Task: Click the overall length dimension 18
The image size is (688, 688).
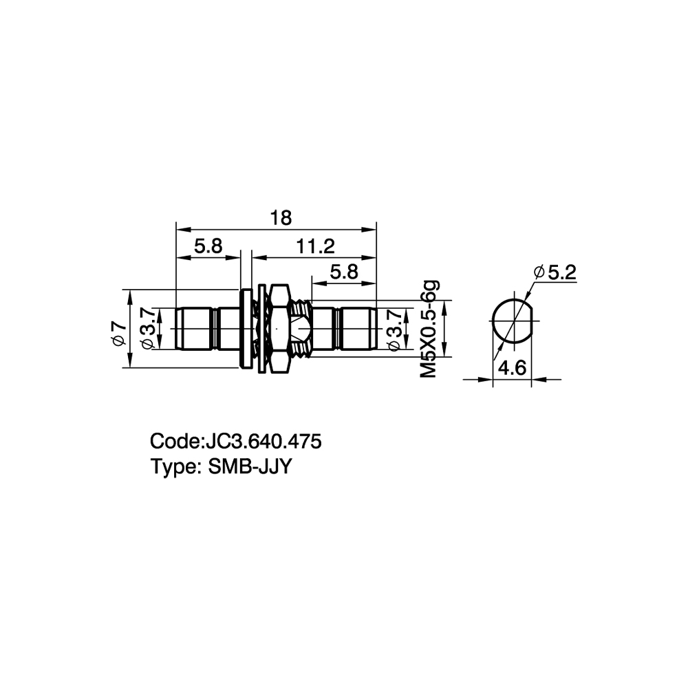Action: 281,218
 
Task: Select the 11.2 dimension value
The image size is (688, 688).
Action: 315,246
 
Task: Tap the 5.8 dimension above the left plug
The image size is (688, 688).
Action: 208,246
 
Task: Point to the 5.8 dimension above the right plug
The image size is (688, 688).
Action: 344,272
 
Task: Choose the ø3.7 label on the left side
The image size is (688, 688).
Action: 147,329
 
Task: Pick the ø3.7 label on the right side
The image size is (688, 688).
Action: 395,330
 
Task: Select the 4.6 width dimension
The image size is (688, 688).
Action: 513,367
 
